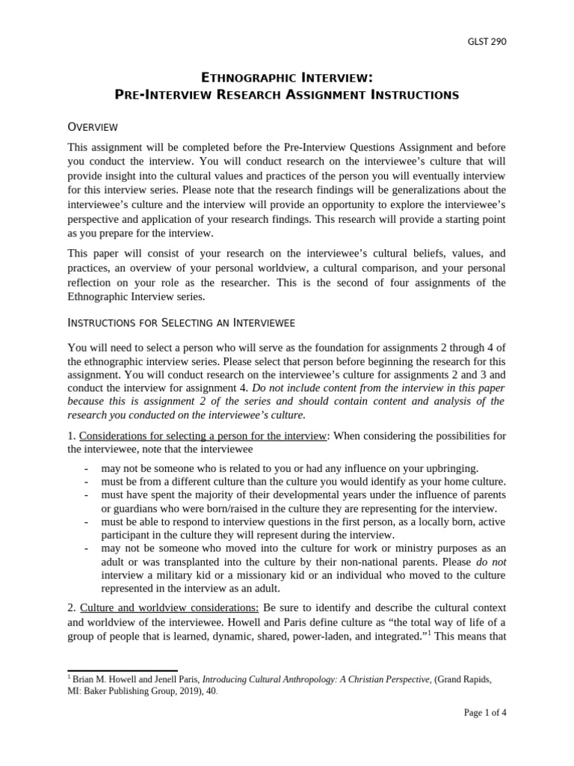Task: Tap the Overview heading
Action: click(92, 126)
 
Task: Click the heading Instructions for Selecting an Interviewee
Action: click(181, 322)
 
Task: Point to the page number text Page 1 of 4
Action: click(485, 712)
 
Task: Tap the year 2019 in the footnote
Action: click(187, 691)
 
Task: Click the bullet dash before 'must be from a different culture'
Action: click(87, 481)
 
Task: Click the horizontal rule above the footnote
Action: click(123, 671)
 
